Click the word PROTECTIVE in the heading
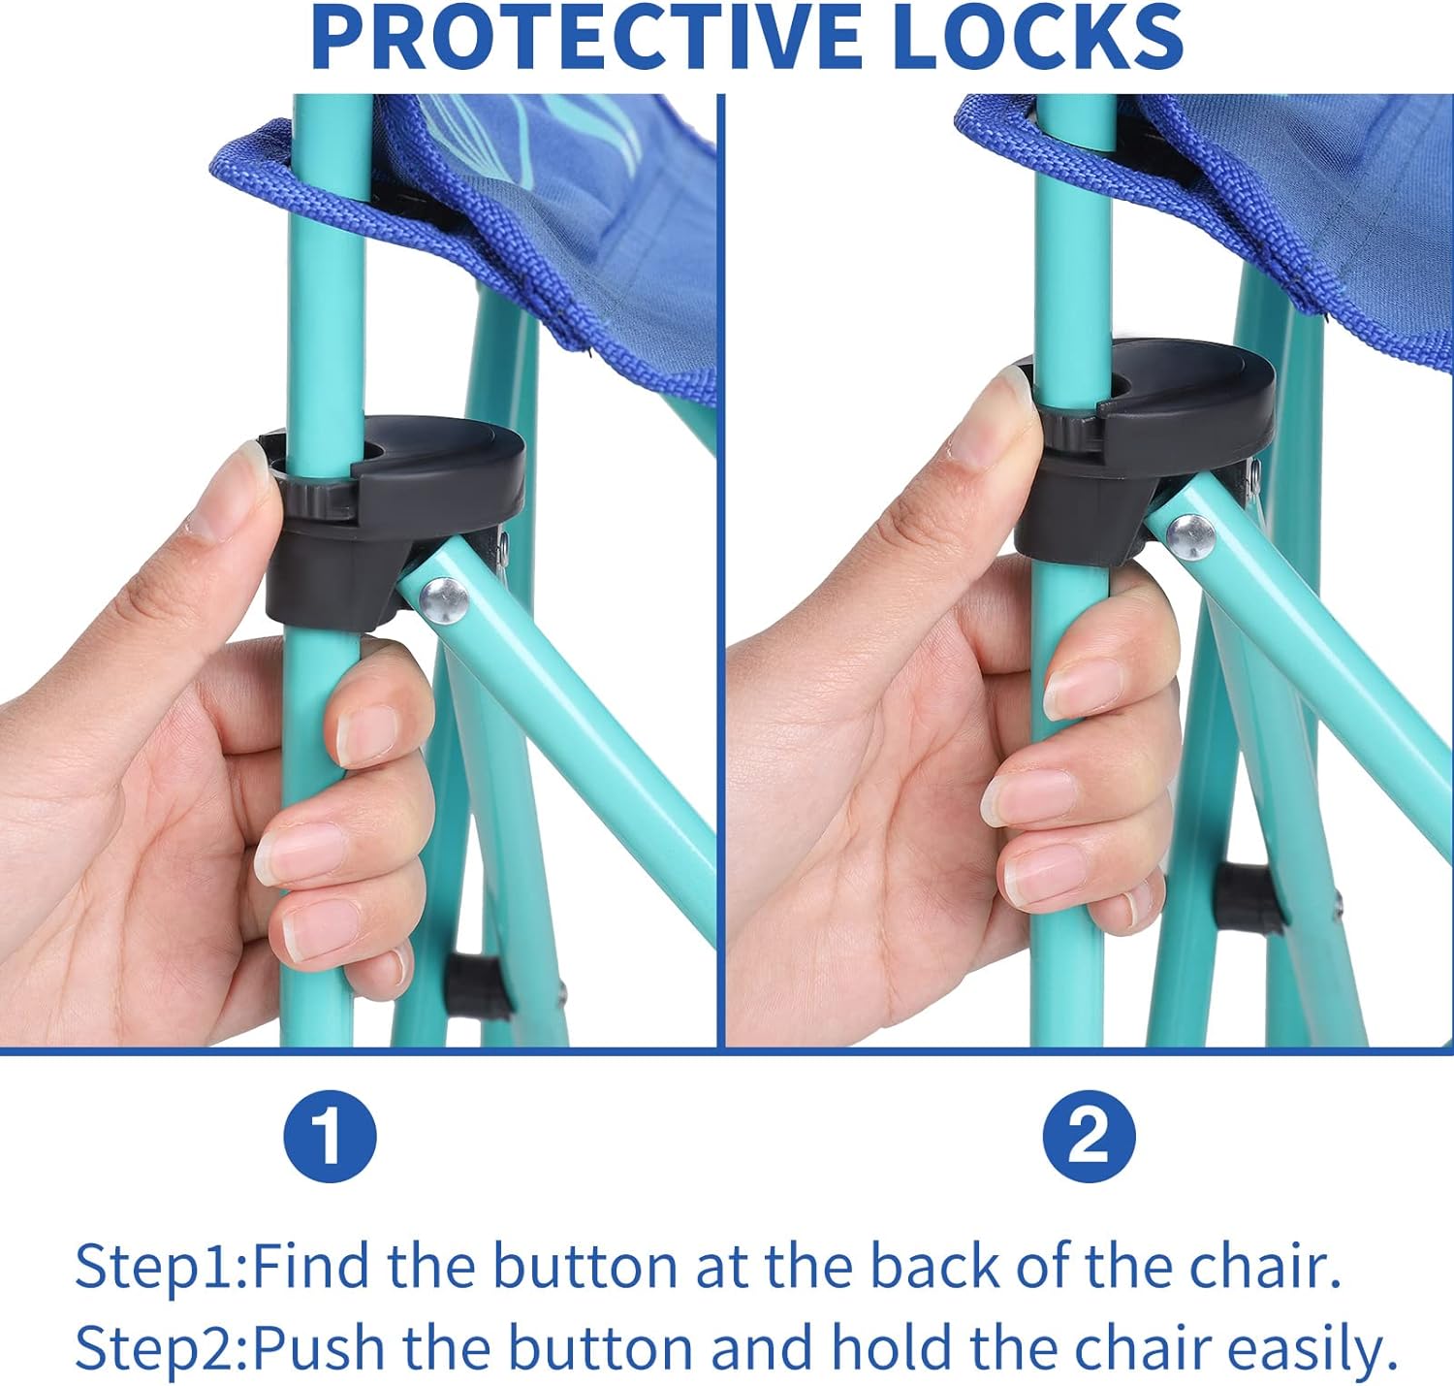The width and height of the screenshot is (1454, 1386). point(585,37)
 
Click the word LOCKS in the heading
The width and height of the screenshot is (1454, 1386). point(1038,37)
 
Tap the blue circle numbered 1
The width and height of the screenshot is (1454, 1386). point(330,1136)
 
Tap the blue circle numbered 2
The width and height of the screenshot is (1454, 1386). point(1089,1136)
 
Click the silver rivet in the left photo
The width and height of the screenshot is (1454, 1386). point(444,600)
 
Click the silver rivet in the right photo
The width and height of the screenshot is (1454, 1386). point(1190,536)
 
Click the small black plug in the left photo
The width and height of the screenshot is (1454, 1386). point(477,986)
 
